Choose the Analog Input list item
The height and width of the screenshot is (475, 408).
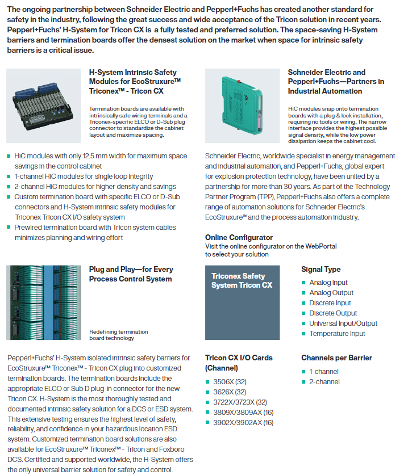[x=328, y=283]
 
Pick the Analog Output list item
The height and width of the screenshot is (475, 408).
[x=331, y=293]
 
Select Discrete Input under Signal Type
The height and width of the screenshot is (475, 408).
[x=330, y=303]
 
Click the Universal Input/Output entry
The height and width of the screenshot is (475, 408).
[x=343, y=323]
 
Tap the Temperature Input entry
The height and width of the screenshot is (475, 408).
[x=337, y=334]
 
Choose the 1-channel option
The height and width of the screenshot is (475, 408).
[x=324, y=372]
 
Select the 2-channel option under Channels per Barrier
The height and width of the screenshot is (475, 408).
[x=324, y=382]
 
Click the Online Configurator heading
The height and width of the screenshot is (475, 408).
[x=239, y=238]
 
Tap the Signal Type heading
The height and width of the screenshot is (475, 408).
[x=320, y=270]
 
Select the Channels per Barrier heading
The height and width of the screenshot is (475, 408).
[x=336, y=358]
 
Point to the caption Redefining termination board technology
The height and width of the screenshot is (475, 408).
[x=118, y=335]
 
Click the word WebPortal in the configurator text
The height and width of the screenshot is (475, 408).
[x=321, y=246]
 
